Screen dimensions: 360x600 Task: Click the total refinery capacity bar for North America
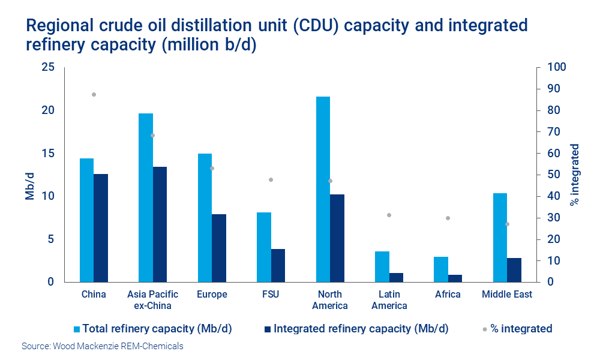tap(323, 189)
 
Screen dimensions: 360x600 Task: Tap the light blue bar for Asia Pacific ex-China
tap(146, 197)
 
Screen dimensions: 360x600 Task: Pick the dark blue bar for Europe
tap(219, 248)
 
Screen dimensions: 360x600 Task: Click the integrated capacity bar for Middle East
tap(514, 270)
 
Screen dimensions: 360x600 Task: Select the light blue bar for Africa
tap(441, 269)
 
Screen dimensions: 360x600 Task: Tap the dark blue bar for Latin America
tap(396, 277)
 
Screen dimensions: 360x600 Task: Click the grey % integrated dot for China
tap(94, 95)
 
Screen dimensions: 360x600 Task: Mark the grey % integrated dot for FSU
tap(271, 180)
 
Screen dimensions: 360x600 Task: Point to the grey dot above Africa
tap(448, 218)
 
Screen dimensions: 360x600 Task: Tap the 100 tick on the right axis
tap(554, 67)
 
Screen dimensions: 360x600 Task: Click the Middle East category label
tap(507, 295)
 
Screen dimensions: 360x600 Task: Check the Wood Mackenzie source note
tap(103, 346)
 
